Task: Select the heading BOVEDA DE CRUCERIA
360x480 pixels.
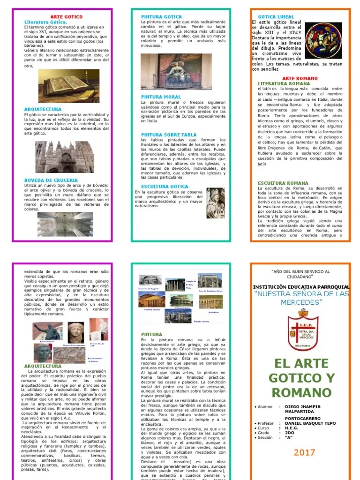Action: [x=51, y=180]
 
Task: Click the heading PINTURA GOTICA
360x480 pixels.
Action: [x=162, y=17]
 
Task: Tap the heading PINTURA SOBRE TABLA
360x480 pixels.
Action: [x=169, y=135]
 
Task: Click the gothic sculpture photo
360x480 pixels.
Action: [x=215, y=202]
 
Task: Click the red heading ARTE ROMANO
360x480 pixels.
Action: [x=300, y=78]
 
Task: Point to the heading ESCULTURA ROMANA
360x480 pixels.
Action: [x=283, y=183]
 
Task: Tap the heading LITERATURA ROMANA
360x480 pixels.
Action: [x=287, y=83]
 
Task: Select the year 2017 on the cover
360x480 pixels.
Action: [x=305, y=452]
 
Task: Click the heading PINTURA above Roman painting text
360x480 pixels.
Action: [x=151, y=335]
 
